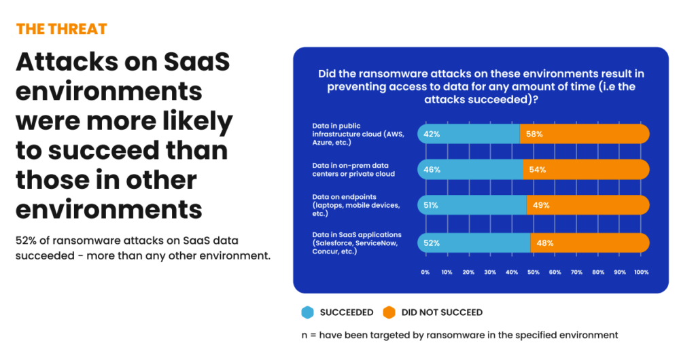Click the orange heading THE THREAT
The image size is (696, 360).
coord(61,29)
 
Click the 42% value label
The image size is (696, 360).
coord(432,134)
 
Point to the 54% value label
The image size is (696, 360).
coord(538,169)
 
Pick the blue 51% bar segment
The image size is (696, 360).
coord(472,205)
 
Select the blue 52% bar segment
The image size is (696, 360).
coord(474,242)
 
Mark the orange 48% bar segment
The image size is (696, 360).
coord(589,242)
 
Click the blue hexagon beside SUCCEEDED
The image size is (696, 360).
coord(308,312)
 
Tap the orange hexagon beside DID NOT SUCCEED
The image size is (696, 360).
coord(389,312)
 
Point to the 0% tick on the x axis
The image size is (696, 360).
coord(425,272)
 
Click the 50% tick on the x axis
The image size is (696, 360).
coord(534,272)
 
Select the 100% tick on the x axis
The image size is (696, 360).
coord(641,272)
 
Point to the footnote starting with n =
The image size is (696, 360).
coord(459,335)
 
